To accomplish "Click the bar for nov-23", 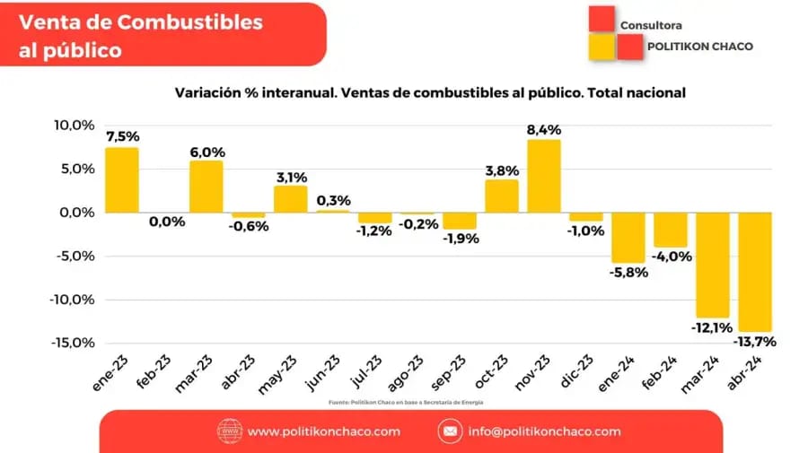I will pyautogui.click(x=544, y=176).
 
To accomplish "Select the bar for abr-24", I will pyautogui.click(x=756, y=272).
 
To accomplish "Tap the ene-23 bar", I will pyautogui.click(x=121, y=179).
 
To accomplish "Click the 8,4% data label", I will pyautogui.click(x=544, y=130).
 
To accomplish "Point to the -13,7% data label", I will pyautogui.click(x=756, y=342).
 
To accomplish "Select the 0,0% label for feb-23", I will pyautogui.click(x=163, y=222).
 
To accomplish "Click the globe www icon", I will pyautogui.click(x=230, y=431).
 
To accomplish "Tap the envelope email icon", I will pyautogui.click(x=449, y=431).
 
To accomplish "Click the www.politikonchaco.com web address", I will pyautogui.click(x=323, y=431).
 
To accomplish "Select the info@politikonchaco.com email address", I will pyautogui.click(x=544, y=431).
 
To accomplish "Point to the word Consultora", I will pyautogui.click(x=651, y=26).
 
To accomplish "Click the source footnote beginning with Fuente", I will pyautogui.click(x=404, y=402).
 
